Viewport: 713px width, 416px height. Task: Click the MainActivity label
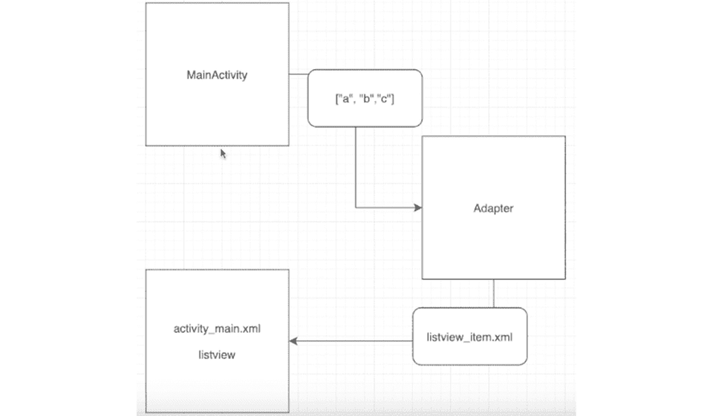[x=217, y=75]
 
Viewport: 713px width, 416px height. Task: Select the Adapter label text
[x=493, y=208]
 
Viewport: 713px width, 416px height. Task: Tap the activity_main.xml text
[x=217, y=328]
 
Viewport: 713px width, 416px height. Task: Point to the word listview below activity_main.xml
[x=217, y=354]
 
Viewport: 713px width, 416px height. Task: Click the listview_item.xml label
[x=469, y=337]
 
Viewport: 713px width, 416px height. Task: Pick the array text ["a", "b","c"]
[x=365, y=99]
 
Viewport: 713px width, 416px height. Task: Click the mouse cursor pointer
[x=223, y=154]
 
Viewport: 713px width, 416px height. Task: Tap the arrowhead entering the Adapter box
[x=418, y=208]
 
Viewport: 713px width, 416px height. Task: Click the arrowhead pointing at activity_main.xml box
[x=293, y=341]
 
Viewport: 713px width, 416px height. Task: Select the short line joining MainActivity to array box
[x=299, y=74]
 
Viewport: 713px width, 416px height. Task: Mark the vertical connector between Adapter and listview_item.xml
[x=494, y=293]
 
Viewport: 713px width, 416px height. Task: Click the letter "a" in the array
[x=345, y=99]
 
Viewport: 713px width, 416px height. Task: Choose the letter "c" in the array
[x=385, y=99]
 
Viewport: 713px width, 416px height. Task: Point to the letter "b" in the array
[x=366, y=98]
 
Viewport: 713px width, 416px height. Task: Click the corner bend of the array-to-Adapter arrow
[x=356, y=208]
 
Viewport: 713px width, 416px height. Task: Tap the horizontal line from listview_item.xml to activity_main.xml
[x=351, y=341]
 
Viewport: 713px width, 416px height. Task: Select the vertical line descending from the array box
[x=356, y=167]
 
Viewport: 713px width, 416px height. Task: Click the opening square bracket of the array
[x=337, y=99]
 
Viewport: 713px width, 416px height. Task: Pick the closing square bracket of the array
[x=393, y=99]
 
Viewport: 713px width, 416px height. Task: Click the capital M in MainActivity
[x=191, y=74]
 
